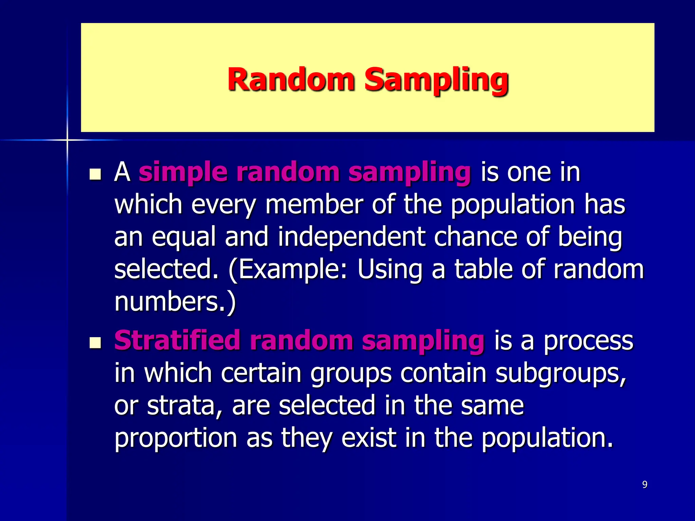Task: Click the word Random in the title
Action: pyautogui.click(x=291, y=80)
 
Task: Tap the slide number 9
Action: pyautogui.click(x=645, y=484)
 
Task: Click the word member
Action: pyautogui.click(x=314, y=205)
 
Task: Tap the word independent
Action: pyautogui.click(x=351, y=237)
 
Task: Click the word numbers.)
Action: pyautogui.click(x=175, y=302)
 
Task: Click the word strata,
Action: pyautogui.click(x=185, y=406)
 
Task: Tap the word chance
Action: pyautogui.click(x=475, y=236)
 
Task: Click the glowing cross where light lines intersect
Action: pyautogui.click(x=67, y=140)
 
